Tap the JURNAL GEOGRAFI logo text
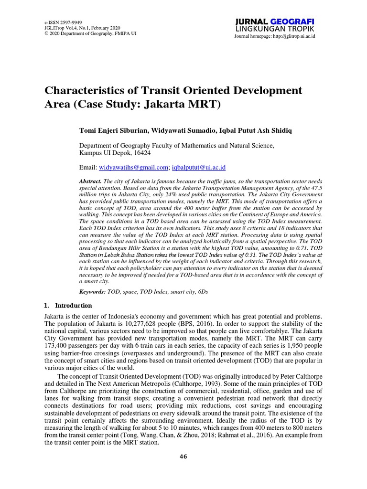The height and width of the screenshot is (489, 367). tap(275, 21)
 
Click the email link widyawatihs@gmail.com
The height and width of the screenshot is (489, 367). tap(133, 167)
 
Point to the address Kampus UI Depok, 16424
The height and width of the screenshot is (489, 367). tap(115, 153)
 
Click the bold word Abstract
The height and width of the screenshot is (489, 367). tap(90, 182)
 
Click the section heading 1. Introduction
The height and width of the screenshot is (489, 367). tap(68, 306)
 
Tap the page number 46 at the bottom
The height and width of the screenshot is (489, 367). tap(183, 457)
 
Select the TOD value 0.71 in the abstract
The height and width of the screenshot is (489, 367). tap(302, 249)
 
